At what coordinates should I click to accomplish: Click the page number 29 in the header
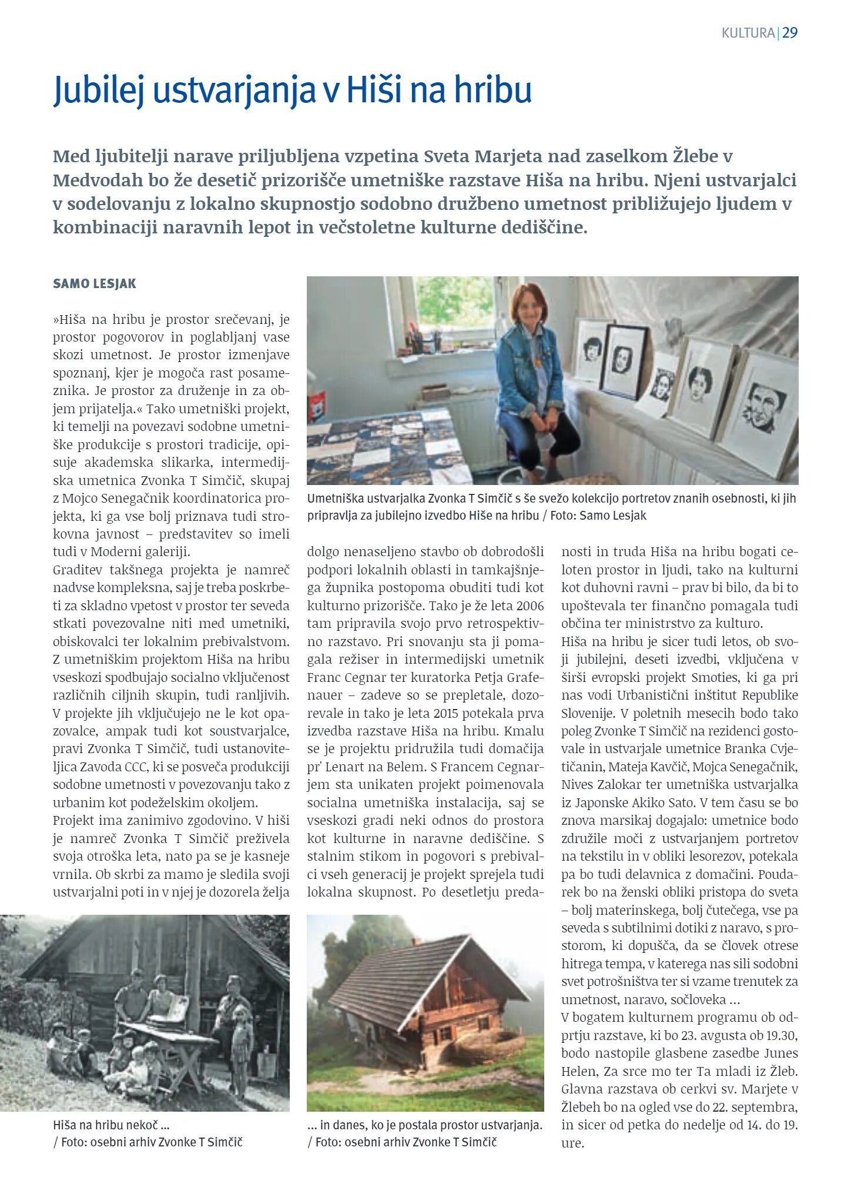[789, 33]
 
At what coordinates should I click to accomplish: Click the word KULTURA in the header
[748, 33]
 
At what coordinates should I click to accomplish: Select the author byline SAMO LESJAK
[95, 284]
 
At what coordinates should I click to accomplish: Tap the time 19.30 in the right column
[781, 1036]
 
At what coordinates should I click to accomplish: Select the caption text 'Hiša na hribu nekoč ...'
[111, 1125]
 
